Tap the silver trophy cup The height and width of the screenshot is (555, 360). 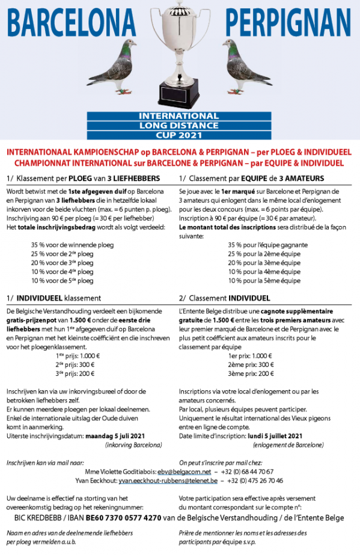(179, 42)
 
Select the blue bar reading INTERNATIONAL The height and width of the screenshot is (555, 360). (178, 115)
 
